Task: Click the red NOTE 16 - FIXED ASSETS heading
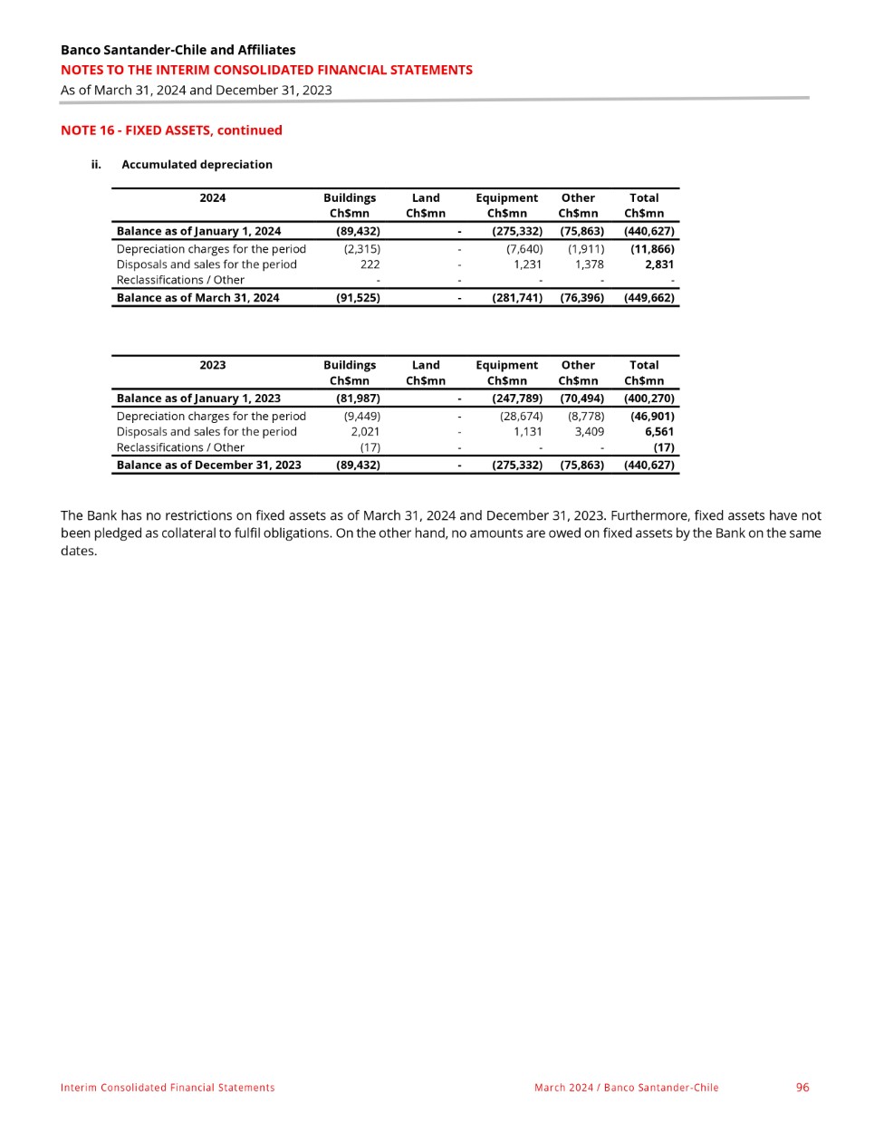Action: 171,130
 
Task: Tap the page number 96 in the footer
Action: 802,1087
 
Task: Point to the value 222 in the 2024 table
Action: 370,264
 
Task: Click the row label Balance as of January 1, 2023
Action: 198,398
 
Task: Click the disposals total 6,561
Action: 658,432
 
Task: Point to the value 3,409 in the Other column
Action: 589,432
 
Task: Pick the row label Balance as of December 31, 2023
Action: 208,466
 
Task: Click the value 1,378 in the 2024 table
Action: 589,264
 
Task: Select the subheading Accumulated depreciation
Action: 197,165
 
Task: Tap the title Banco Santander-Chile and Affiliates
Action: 178,50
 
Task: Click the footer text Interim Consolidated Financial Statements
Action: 168,1088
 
